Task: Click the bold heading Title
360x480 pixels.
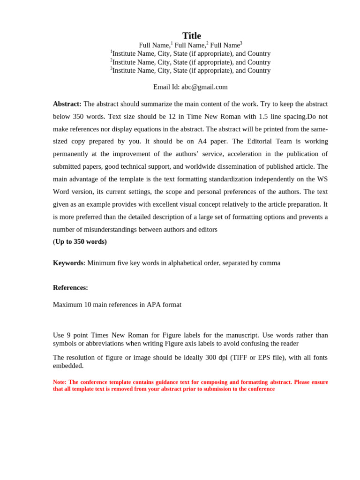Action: point(191,36)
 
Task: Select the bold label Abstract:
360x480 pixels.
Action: point(67,104)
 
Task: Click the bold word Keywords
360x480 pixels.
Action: point(68,263)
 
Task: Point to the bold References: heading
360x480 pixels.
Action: point(70,288)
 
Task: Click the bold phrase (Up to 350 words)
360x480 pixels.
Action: point(80,242)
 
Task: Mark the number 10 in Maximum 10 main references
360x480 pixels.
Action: point(88,305)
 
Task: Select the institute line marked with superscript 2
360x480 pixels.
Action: point(190,62)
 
